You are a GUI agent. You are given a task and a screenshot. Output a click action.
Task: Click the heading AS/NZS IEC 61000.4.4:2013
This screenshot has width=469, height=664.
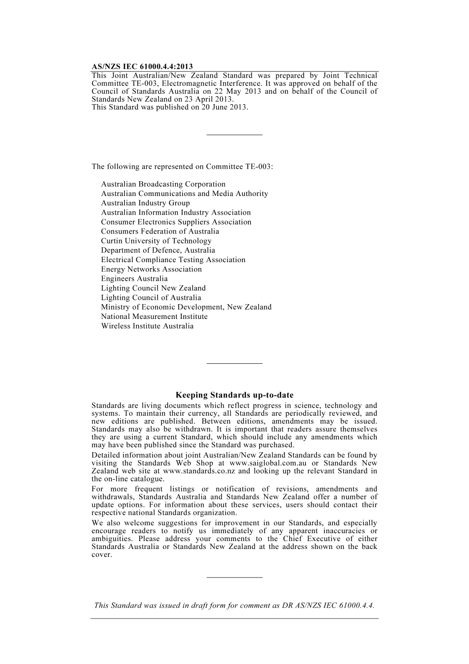point(142,67)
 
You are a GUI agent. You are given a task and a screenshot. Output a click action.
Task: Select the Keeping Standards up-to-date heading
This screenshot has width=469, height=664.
point(234,395)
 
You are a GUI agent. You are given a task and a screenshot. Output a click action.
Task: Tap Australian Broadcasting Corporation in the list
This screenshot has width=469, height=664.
point(163,184)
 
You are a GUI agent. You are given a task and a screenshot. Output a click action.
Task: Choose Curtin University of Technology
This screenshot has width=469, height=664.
point(156,241)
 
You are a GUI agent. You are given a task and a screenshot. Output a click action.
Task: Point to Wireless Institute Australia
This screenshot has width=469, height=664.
point(147,326)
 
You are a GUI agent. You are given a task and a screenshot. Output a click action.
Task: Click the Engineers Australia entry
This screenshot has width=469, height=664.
point(134,278)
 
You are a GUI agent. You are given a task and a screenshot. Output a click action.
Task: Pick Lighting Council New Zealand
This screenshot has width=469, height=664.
point(153,288)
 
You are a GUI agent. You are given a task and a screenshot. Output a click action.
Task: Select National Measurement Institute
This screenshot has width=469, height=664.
point(154,316)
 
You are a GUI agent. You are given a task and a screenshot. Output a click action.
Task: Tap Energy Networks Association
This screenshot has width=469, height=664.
point(151,269)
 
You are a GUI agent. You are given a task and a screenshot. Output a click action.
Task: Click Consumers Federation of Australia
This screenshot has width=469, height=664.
point(160,231)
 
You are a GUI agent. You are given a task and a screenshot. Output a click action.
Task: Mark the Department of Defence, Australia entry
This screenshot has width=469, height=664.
point(158,250)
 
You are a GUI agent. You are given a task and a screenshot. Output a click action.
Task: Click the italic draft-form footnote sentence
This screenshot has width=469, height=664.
point(234,605)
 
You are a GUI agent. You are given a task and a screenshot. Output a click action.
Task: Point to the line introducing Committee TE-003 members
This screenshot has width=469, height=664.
point(182,166)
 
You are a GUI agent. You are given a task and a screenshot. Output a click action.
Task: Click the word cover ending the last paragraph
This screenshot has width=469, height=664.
point(101,554)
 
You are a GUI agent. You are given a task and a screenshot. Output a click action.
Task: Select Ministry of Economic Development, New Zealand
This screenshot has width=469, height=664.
point(186,307)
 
